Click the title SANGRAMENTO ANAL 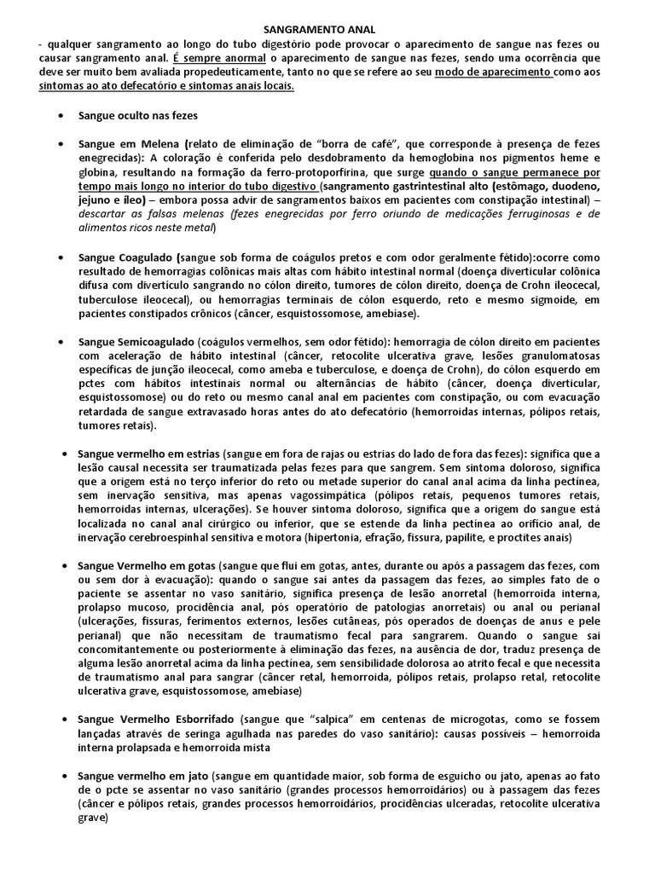(328, 30)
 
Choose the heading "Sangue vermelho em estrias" (149, 454)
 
